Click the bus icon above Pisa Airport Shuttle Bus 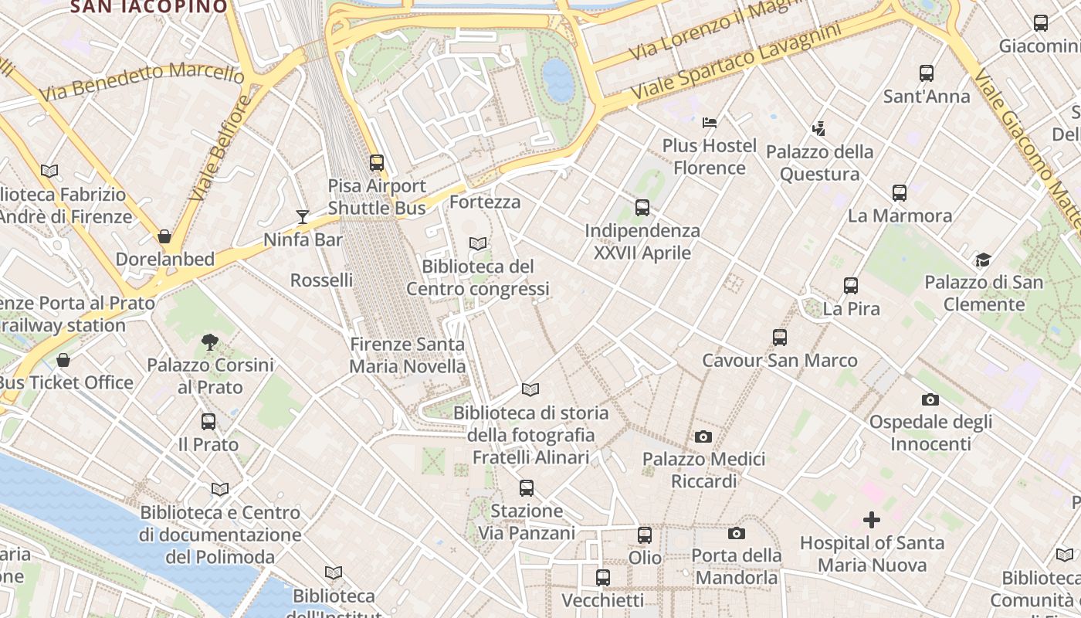pos(376,163)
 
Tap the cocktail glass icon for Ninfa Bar pos(303,217)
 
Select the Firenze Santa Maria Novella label pos(408,355)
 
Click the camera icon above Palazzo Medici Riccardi pos(703,437)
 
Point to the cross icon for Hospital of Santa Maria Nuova pos(872,520)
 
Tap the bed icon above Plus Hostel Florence pos(710,123)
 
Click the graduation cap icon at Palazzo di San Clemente pos(983,260)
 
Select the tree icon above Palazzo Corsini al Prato pos(209,341)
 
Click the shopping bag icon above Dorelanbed pos(164,236)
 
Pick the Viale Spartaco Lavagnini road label pos(735,62)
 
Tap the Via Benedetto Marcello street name pos(141,80)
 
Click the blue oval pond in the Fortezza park pos(558,80)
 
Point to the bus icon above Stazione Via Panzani pos(527,488)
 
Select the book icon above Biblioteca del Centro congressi pos(478,244)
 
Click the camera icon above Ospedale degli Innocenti pos(930,400)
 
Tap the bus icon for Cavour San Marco pos(780,338)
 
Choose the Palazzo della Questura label pos(819,163)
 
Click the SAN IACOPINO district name pos(149,7)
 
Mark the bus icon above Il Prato pos(208,422)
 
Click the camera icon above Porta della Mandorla pos(737,533)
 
